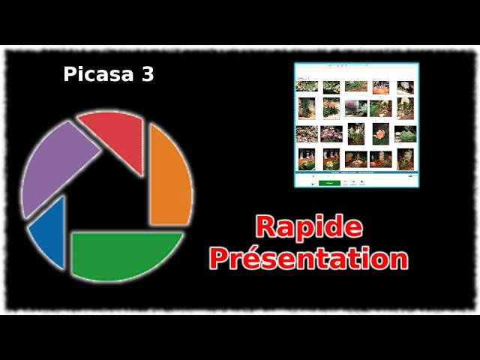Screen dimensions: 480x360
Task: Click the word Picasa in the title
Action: (98, 74)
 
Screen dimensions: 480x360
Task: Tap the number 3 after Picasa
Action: (148, 74)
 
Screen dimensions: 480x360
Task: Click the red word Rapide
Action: (309, 226)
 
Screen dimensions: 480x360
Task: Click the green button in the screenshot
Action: (329, 183)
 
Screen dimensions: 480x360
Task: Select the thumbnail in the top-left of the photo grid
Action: (307, 86)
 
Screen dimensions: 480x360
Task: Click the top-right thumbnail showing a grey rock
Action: (405, 88)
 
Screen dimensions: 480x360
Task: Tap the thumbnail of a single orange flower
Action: (381, 133)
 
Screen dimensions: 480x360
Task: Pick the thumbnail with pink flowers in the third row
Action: (331, 134)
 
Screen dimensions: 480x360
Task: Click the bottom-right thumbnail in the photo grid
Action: (405, 159)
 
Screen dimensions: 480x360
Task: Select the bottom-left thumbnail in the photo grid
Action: (307, 159)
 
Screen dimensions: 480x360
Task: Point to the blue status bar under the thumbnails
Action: (356, 172)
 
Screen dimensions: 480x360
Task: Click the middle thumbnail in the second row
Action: (356, 108)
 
